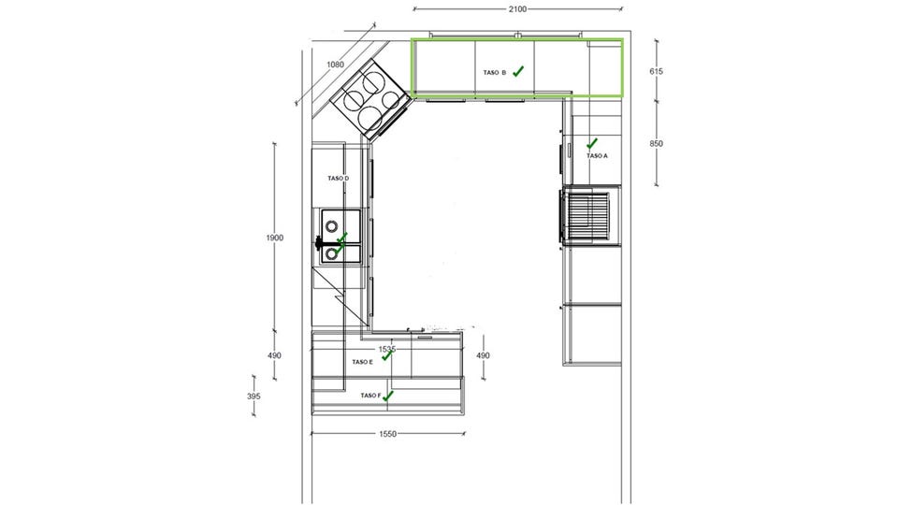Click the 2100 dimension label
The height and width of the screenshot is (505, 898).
(517, 9)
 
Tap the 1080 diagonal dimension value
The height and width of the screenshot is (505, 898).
(335, 65)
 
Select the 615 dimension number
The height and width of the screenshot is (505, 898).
(656, 72)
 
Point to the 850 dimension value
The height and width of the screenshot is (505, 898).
(656, 144)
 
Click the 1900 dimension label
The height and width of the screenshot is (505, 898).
(274, 238)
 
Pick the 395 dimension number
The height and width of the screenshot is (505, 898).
(253, 397)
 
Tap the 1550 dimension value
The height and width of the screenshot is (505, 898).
(387, 434)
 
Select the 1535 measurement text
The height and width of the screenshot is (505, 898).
(387, 349)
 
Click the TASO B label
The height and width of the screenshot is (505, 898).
(495, 73)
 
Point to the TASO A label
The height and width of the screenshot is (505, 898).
(597, 156)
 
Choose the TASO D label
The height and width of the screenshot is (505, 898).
(338, 179)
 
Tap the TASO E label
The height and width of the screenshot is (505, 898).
(363, 362)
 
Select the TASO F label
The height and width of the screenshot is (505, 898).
(371, 396)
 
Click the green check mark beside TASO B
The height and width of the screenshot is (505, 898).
(518, 71)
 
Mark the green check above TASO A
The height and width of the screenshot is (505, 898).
(591, 143)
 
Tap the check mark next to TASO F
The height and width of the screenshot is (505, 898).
(388, 396)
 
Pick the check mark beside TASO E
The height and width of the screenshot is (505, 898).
(387, 355)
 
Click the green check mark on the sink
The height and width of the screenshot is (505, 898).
(340, 243)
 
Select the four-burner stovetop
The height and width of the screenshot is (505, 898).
(370, 99)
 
